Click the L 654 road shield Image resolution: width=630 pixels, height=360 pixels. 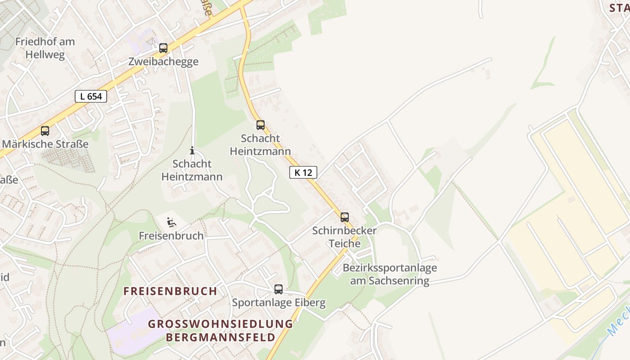pos(91,96)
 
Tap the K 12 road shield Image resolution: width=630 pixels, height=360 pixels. pos(303,172)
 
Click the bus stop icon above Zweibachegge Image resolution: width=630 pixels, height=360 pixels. pos(163,48)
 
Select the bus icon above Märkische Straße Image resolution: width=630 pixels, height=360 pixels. pos(45,131)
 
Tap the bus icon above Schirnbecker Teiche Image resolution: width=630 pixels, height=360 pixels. pos(345,217)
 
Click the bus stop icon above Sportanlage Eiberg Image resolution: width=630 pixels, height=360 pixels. pos(279,289)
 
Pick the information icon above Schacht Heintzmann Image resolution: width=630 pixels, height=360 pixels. pos(192,150)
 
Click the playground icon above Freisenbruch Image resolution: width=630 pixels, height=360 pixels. pos(171,222)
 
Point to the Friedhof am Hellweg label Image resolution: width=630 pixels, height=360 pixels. pos(45,48)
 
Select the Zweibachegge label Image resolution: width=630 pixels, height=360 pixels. pos(163,62)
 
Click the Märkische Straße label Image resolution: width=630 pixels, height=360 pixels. pos(45,144)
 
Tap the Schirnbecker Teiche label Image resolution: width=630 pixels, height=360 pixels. pos(345,237)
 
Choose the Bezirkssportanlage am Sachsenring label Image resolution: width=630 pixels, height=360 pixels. pos(390,274)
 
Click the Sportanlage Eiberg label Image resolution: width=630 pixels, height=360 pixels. pos(279,302)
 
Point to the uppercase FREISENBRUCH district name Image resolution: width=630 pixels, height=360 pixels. pos(171,291)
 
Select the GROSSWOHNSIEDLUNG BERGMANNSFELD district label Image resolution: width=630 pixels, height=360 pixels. pos(220,330)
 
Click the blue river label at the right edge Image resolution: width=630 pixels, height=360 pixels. pos(618,322)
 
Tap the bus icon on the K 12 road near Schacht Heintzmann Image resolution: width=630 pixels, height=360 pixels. pos(261,125)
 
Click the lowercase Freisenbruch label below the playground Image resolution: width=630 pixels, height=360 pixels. pos(171,235)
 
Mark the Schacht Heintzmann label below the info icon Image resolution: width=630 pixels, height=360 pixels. pos(192,170)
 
